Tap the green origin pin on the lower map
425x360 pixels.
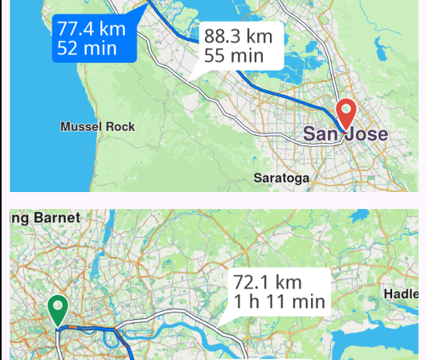pos(58,309)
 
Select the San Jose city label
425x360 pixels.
pos(345,135)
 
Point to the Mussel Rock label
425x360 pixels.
pos(98,127)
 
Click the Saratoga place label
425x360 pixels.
pos(281,178)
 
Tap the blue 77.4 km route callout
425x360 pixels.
pos(92,39)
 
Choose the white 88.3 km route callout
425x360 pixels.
pos(239,45)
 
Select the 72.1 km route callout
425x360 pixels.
pos(279,292)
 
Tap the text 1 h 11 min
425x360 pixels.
pos(279,301)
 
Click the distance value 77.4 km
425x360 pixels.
pos(92,30)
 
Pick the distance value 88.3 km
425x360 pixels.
pos(239,36)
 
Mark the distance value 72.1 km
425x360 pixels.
pos(267,282)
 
